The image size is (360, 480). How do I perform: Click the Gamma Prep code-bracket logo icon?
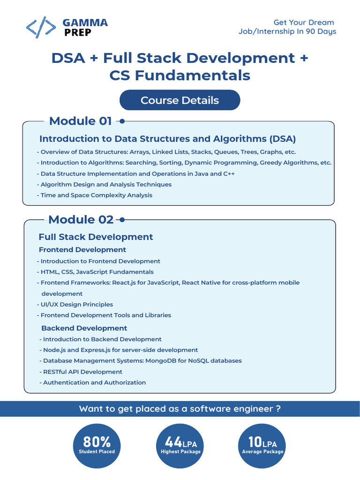coord(41,28)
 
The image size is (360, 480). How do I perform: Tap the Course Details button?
coord(180,100)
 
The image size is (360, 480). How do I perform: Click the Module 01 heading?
coord(80,121)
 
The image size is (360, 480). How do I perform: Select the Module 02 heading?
coord(81,219)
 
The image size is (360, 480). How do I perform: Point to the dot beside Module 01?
coord(122,121)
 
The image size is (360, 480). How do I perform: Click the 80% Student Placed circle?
coord(97,445)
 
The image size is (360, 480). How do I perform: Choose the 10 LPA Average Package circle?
coord(262,445)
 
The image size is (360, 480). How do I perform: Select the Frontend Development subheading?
coord(82,250)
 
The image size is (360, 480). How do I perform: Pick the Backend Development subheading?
coord(84,328)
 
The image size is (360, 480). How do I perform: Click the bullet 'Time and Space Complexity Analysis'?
coord(96,195)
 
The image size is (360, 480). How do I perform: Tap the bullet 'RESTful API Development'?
coord(82,372)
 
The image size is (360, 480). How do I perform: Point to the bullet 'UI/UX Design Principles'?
coord(77,304)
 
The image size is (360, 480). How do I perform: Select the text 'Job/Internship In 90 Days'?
coord(287,31)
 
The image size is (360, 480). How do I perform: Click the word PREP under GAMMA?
coord(78,32)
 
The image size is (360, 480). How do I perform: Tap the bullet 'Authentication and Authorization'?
coord(94,382)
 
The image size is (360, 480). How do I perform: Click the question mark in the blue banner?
coord(278,409)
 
